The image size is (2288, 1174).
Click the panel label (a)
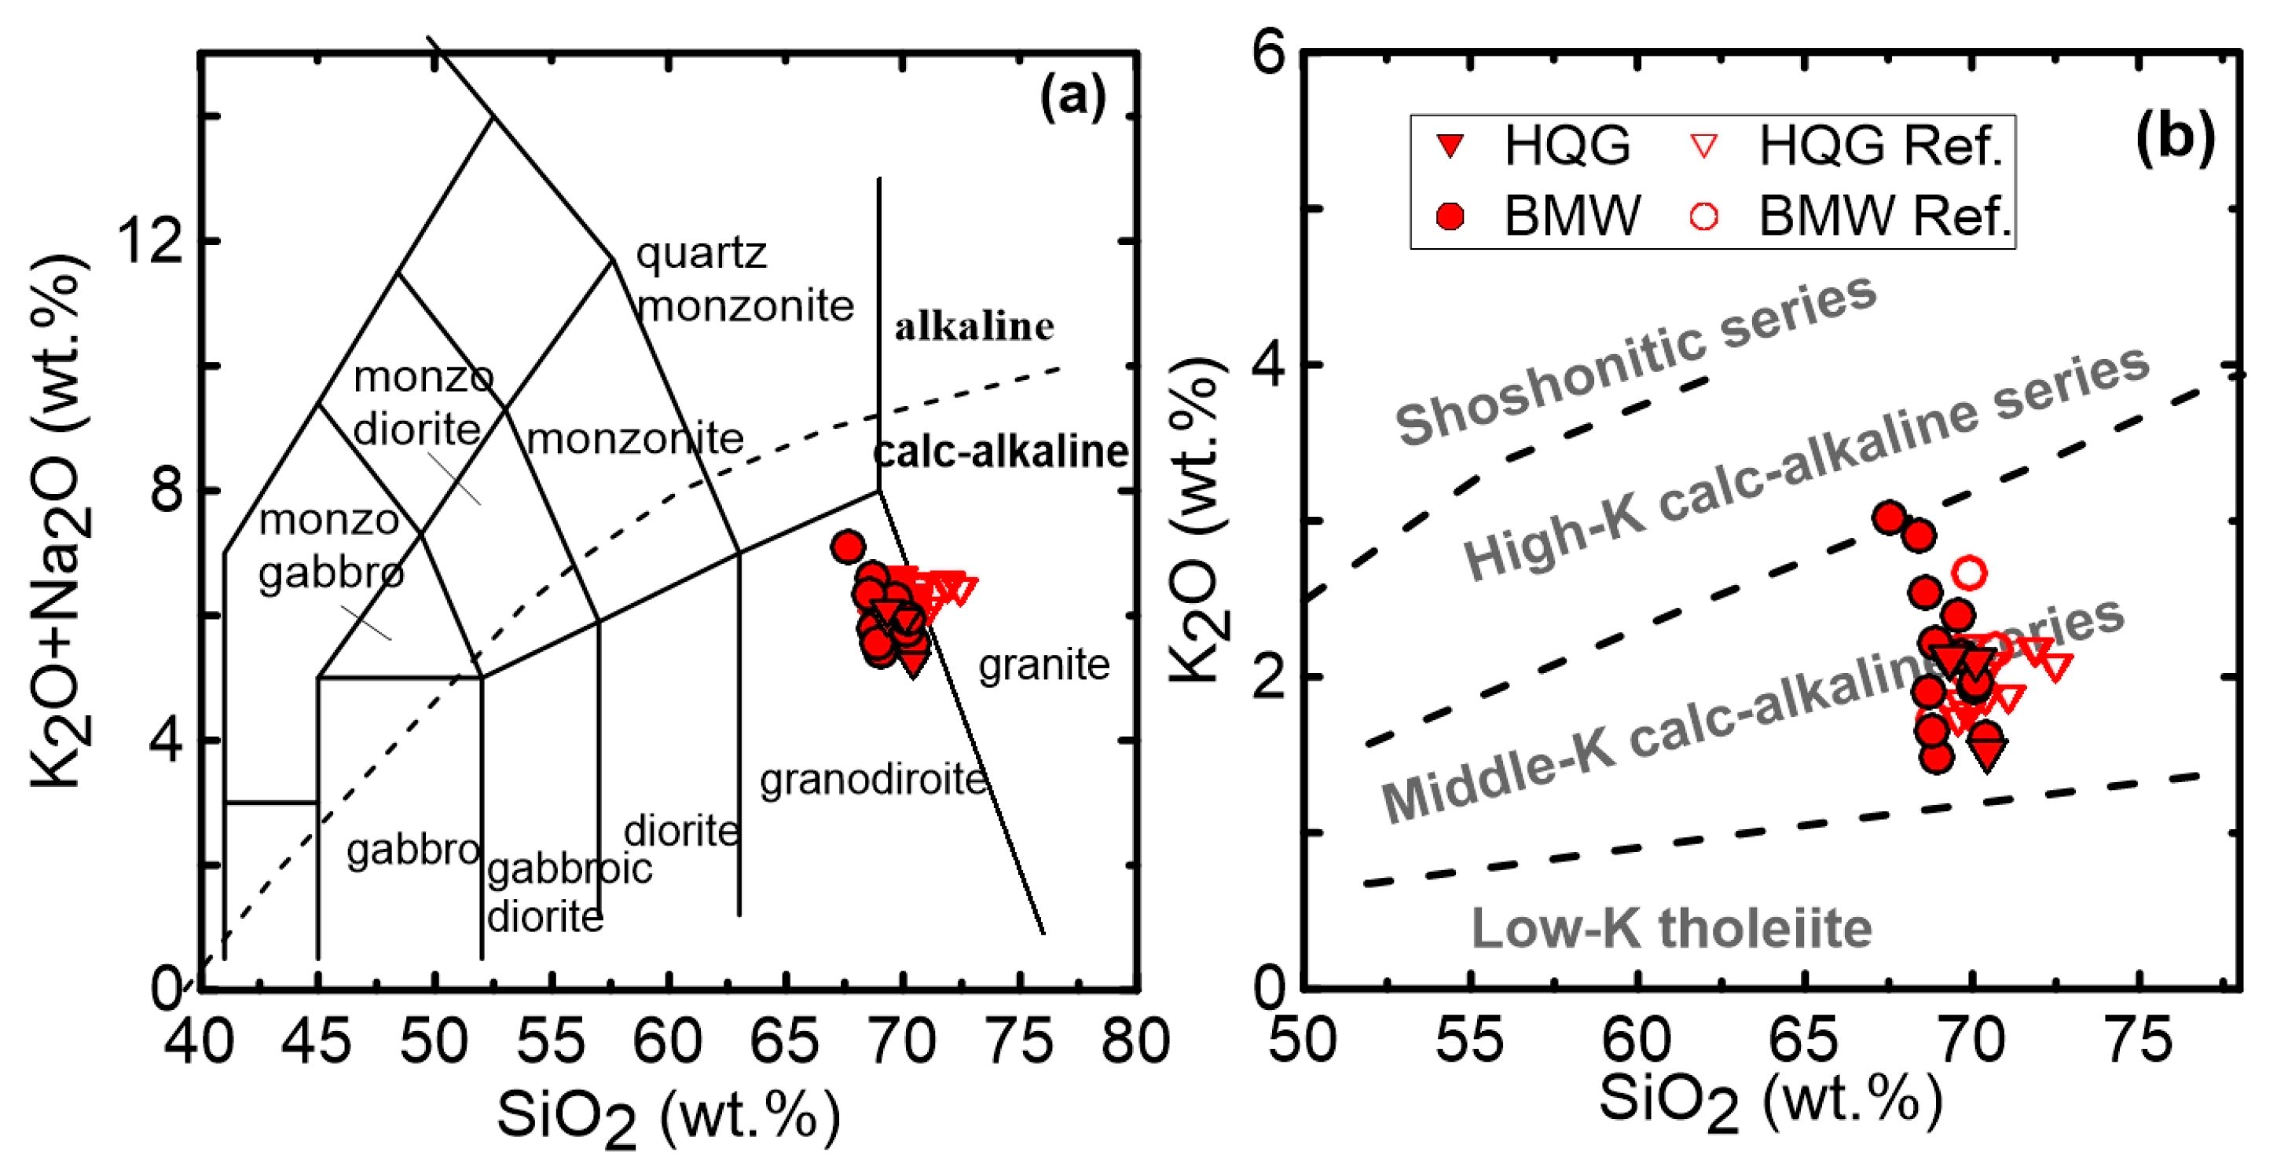click(x=1073, y=96)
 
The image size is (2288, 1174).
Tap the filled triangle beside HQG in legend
click(x=1450, y=145)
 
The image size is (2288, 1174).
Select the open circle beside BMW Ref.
click(x=1703, y=216)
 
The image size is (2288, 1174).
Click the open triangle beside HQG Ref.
click(x=1703, y=145)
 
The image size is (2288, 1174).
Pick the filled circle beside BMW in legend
click(x=1450, y=216)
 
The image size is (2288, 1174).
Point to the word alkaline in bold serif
click(x=973, y=327)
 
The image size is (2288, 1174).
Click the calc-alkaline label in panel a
click(x=1000, y=451)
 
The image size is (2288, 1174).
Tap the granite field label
click(x=1043, y=664)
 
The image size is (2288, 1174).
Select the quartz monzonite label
click(x=744, y=280)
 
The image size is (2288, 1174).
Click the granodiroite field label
click(x=873, y=780)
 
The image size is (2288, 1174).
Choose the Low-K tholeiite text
click(x=1671, y=928)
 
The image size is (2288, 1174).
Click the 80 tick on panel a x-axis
click(x=1135, y=1041)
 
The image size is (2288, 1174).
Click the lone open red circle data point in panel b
click(x=1970, y=572)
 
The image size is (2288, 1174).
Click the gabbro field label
click(x=413, y=850)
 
